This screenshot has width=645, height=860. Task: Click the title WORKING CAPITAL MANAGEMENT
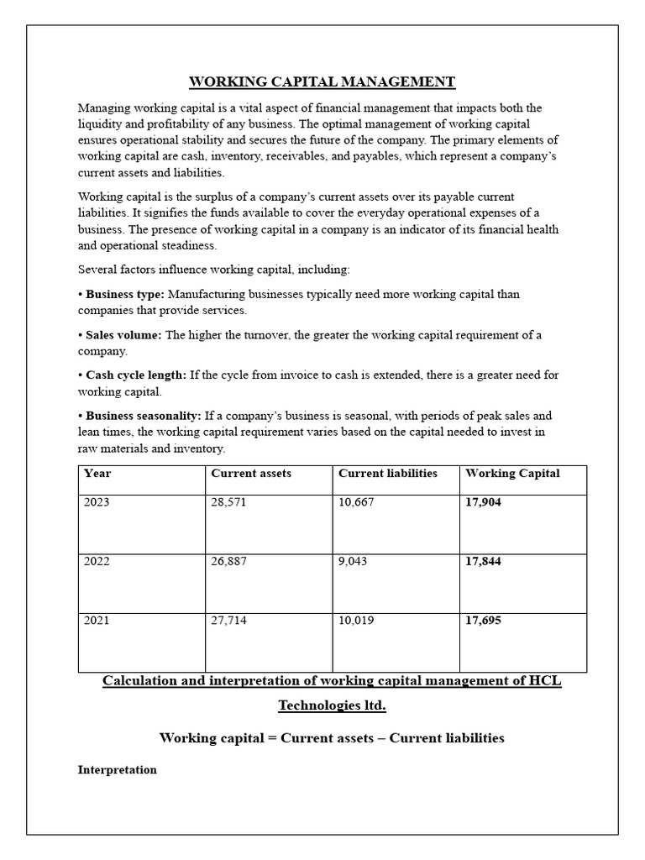322,81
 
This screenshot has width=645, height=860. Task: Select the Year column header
97,474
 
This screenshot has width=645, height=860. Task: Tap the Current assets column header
251,474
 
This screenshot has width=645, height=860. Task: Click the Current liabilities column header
387,474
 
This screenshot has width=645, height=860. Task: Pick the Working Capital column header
512,474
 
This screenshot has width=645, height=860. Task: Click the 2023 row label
97,503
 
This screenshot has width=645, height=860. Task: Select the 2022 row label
97,562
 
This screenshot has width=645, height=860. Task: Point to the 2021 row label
97,621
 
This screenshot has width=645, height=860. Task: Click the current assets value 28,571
229,503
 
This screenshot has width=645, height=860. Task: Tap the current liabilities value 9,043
354,562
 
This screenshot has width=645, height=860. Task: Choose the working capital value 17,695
483,621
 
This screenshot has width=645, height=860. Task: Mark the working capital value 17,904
483,503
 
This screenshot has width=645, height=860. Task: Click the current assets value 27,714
229,621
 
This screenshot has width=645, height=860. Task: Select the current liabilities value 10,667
357,503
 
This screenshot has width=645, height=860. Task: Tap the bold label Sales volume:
124,335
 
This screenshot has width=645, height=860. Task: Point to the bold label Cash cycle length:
136,375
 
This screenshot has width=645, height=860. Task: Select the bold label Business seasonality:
143,416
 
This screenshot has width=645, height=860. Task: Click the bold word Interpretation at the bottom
118,769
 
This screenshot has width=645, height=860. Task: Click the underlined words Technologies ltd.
332,705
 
